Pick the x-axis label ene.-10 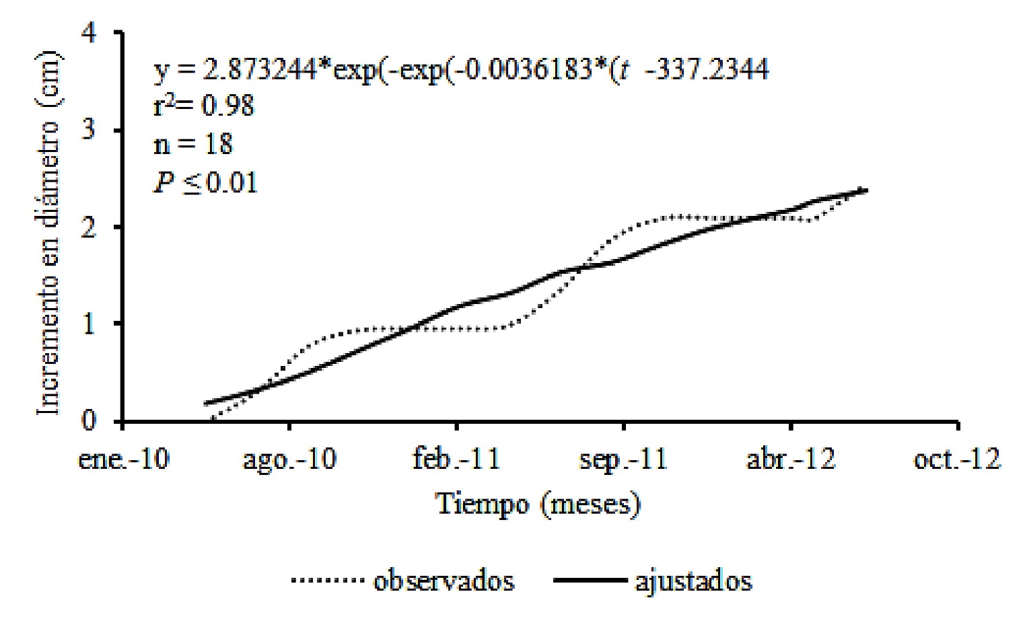124,460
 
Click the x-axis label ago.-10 289,460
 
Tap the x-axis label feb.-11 456,460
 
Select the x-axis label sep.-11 623,460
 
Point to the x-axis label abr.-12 791,460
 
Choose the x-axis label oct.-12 957,460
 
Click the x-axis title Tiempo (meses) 538,504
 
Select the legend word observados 444,581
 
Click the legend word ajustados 693,581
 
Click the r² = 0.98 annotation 204,106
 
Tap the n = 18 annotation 193,144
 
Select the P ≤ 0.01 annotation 206,182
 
